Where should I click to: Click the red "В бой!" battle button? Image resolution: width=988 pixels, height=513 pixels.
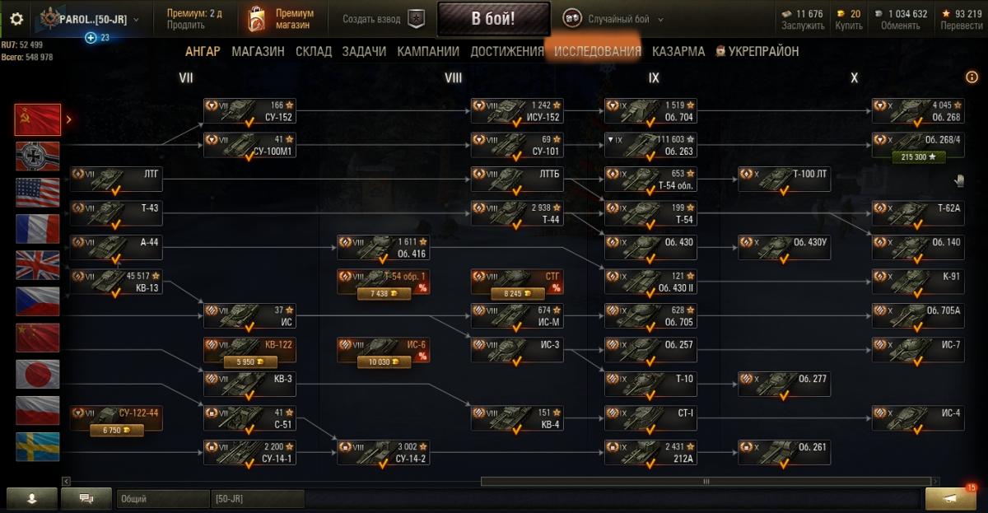click(493, 19)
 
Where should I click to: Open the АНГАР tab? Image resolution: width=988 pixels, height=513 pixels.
click(203, 51)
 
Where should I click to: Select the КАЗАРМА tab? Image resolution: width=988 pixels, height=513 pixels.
click(678, 51)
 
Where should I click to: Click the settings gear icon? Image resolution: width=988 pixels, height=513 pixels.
click(16, 19)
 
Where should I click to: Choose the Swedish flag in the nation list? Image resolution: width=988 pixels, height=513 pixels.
click(38, 446)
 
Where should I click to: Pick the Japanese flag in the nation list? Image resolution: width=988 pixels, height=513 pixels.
click(38, 374)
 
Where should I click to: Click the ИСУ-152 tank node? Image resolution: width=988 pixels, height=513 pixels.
click(517, 111)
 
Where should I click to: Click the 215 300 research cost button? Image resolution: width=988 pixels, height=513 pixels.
click(918, 156)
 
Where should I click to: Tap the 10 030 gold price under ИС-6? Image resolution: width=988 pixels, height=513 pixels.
click(384, 361)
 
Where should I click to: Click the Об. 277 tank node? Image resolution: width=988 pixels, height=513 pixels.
click(784, 384)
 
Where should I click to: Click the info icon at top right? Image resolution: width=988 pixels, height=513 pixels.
click(972, 77)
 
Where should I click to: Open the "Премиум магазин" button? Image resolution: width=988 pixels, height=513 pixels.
click(280, 19)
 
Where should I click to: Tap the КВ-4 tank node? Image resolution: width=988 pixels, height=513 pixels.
click(517, 417)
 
